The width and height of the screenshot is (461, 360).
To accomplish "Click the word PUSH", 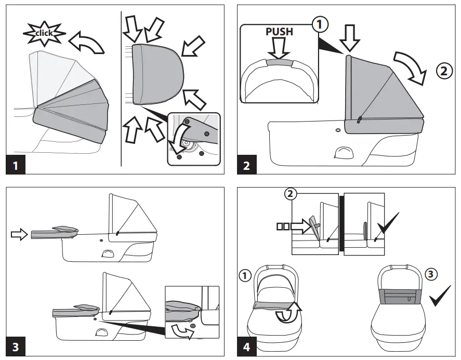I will pyautogui.click(x=279, y=32).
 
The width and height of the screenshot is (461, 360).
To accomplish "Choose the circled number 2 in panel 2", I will pyautogui.click(x=443, y=72).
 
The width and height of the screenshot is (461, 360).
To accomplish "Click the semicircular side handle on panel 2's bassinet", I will pyautogui.click(x=344, y=152).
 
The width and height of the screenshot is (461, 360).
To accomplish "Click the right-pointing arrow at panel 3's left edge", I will pyautogui.click(x=18, y=235).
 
